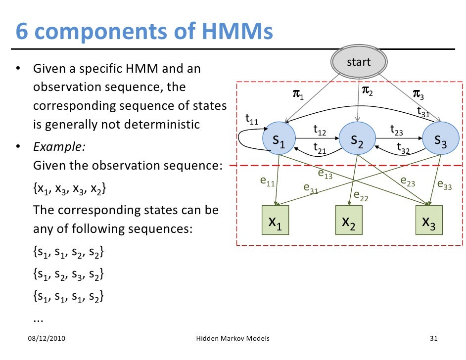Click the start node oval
(358, 63)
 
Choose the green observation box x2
(349, 220)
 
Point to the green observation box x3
(428, 220)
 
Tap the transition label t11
(252, 119)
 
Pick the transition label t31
(423, 112)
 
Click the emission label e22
(361, 197)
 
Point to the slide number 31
(434, 339)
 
